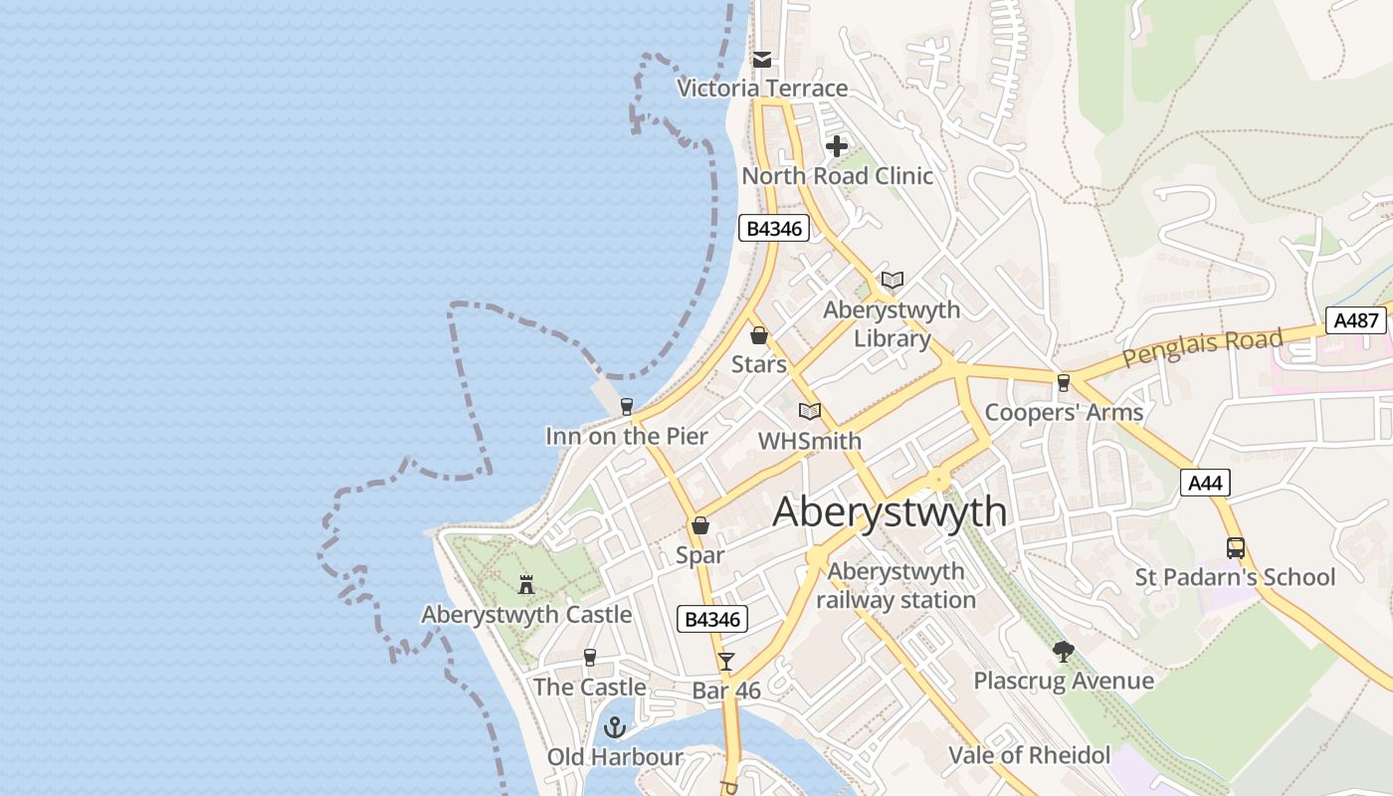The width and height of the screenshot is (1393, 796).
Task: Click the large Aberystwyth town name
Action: [x=890, y=512]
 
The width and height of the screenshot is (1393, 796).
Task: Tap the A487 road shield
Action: [x=1356, y=320]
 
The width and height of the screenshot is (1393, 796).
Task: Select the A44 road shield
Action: [x=1206, y=484]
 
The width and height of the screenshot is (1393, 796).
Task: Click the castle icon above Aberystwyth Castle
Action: [x=526, y=585]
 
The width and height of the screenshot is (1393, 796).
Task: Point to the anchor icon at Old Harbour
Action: [x=615, y=728]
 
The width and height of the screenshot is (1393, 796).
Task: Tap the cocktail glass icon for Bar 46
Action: [x=726, y=661]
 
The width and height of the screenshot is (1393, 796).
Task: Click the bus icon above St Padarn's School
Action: [x=1235, y=548]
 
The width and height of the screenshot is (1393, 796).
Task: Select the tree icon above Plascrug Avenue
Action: [x=1064, y=653]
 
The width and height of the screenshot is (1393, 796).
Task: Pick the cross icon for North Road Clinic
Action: [x=837, y=146]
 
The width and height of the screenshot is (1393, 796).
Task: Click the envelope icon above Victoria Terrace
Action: [x=762, y=60]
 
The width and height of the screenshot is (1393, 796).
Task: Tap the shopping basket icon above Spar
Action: [x=700, y=525]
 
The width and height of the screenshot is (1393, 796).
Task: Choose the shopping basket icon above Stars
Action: [x=759, y=335]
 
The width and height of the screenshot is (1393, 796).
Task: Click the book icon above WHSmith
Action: [x=810, y=411]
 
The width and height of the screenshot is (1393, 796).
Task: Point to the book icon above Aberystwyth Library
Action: [x=893, y=281]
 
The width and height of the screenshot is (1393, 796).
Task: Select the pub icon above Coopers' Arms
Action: [x=1064, y=383]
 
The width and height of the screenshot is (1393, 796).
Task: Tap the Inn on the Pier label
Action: [x=627, y=436]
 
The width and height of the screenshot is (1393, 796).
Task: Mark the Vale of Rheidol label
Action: [x=1029, y=755]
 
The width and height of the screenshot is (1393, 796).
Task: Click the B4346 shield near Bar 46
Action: [x=712, y=619]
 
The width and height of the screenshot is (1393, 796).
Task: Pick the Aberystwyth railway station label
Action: [x=895, y=586]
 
